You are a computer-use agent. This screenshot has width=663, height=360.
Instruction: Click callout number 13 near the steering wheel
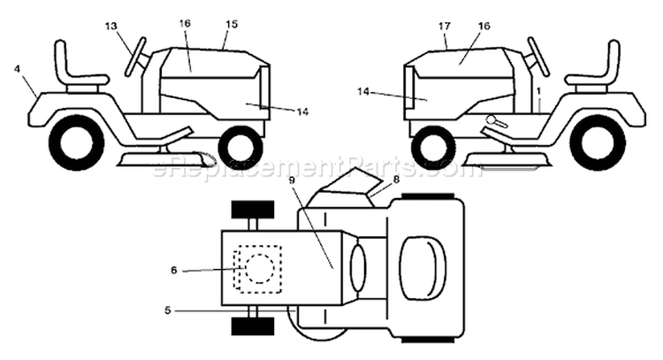[110, 27]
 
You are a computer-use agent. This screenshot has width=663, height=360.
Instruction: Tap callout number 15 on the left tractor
[232, 24]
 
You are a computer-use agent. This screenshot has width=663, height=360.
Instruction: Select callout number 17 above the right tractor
[445, 27]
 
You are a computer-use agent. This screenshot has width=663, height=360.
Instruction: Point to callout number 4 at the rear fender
[17, 68]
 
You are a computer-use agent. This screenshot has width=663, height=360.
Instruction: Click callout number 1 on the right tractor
[538, 91]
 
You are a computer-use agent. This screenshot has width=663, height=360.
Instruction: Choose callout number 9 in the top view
[292, 180]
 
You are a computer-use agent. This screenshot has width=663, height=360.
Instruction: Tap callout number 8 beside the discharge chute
[396, 180]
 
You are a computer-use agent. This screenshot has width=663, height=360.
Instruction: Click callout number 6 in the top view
[174, 270]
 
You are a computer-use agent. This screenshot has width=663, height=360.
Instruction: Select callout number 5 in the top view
[168, 310]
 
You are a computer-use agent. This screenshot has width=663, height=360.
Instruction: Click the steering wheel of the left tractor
[135, 57]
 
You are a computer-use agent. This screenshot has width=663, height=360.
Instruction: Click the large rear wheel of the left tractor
[77, 142]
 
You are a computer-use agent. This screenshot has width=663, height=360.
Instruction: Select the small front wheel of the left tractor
[240, 146]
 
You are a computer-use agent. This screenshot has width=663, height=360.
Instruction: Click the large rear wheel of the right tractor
[597, 142]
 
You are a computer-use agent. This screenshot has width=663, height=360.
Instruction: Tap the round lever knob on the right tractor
[491, 119]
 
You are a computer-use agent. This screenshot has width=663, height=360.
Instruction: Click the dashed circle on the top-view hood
[260, 269]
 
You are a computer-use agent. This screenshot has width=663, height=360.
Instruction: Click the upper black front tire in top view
[253, 210]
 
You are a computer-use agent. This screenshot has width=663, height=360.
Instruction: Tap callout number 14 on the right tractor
[363, 91]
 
